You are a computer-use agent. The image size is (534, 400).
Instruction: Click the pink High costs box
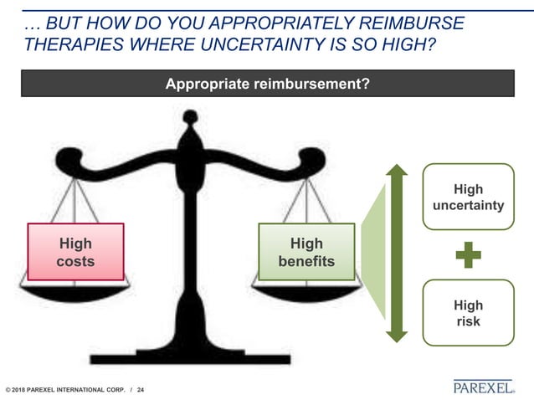tap(75, 252)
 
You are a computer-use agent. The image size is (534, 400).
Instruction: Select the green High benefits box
tap(306, 252)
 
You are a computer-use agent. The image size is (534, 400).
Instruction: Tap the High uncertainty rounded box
tap(468, 196)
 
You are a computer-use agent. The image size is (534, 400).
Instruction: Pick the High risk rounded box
tap(468, 312)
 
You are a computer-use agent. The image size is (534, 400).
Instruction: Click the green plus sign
tap(468, 254)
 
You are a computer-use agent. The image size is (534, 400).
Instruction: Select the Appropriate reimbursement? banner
tap(268, 84)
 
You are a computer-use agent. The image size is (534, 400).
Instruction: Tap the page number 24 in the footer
tap(140, 389)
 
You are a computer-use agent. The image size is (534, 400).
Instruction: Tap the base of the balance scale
tap(192, 356)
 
